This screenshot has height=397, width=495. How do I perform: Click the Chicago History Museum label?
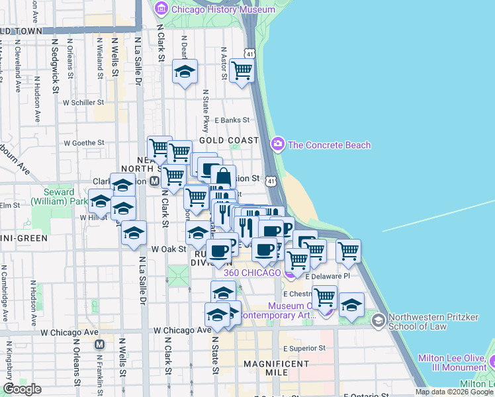point(213,9)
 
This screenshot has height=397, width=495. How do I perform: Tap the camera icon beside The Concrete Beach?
point(278,144)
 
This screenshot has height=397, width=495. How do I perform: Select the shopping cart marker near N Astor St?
point(242,70)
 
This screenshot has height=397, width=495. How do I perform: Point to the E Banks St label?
point(232,120)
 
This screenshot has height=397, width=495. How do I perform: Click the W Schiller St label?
point(84,103)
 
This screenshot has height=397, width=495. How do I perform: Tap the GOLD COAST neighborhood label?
point(228,140)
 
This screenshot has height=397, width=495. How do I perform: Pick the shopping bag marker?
point(224,177)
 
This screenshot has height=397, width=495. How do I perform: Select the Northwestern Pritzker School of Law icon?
point(378,321)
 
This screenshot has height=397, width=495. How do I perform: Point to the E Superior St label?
point(301,348)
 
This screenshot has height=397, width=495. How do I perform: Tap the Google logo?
point(22,388)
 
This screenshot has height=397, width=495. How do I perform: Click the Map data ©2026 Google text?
point(453,392)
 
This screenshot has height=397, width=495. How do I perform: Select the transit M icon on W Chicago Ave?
point(100,344)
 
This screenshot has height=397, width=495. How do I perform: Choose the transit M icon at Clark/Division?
point(154,181)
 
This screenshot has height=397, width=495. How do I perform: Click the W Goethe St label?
point(84,142)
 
